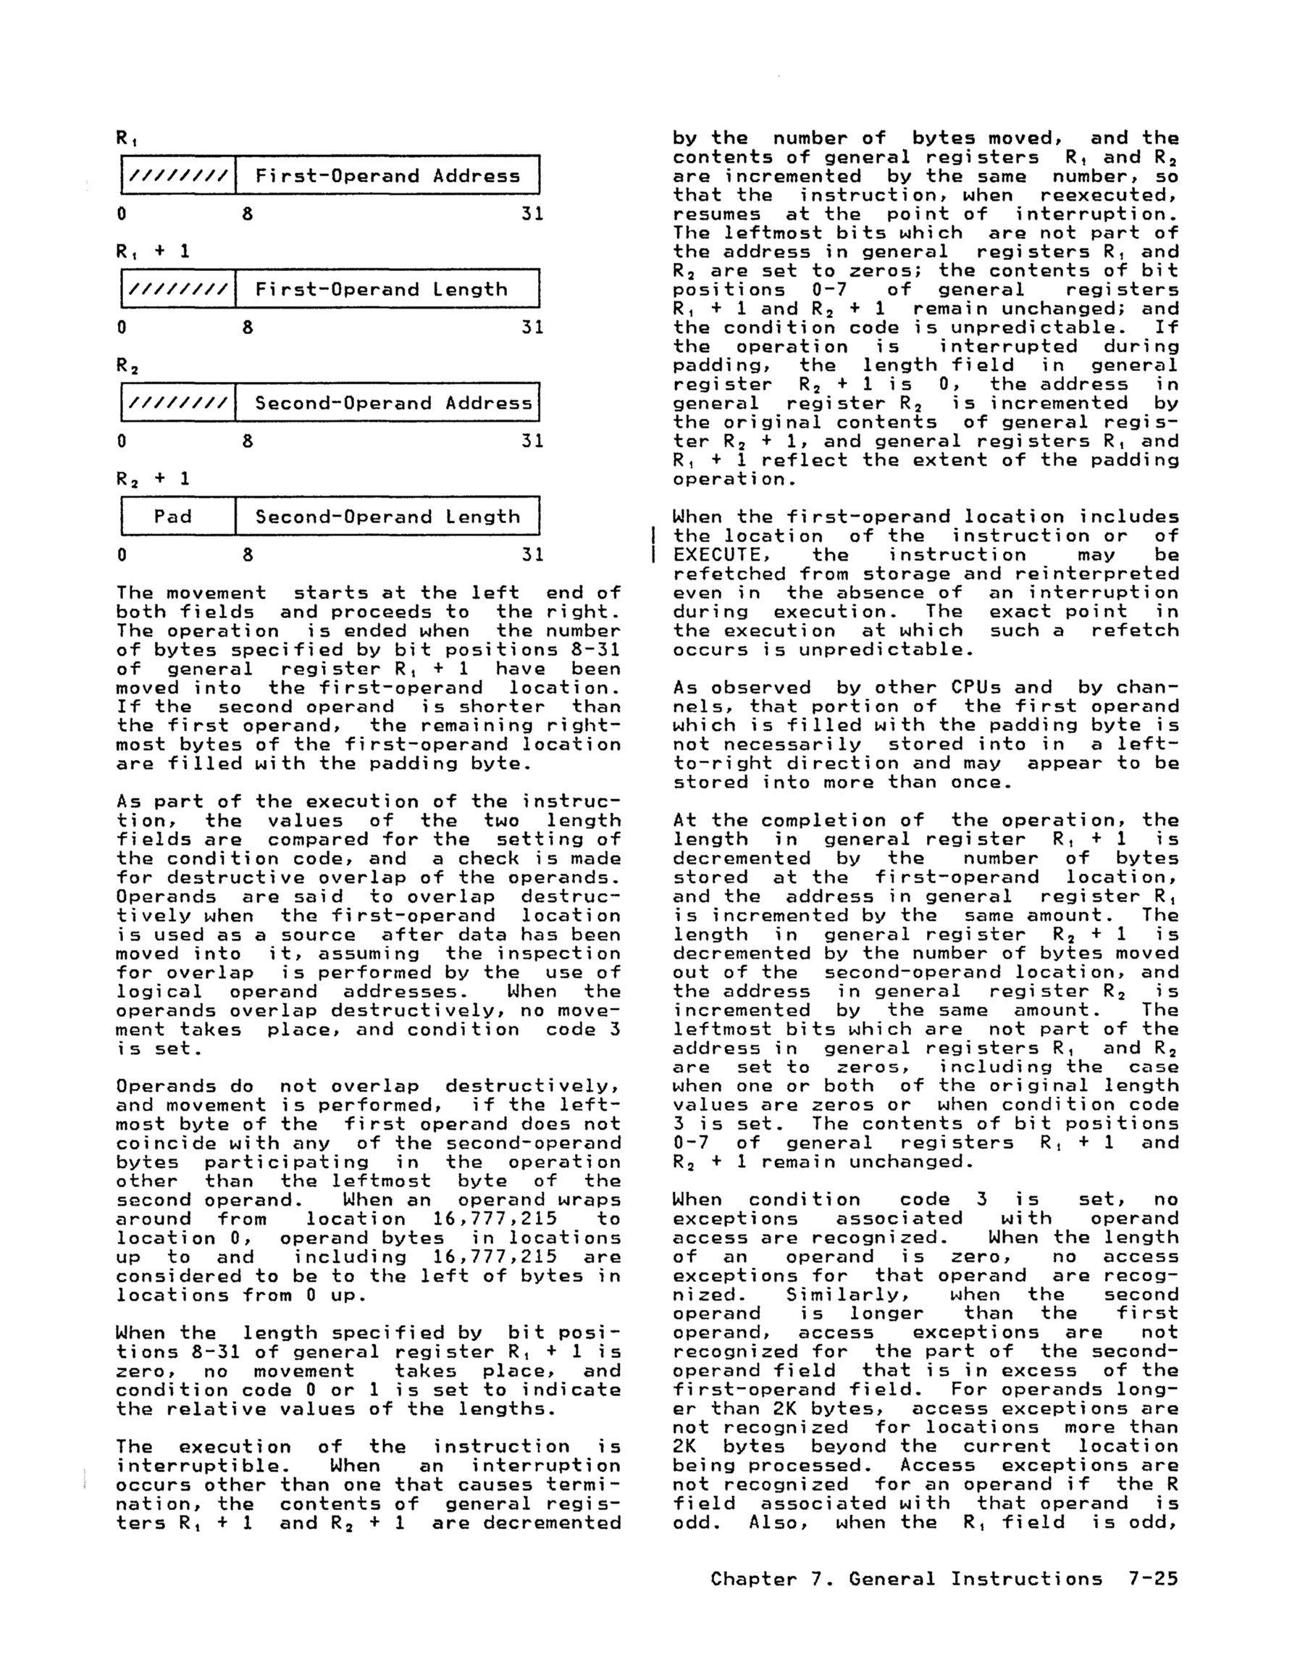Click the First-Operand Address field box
point(387,175)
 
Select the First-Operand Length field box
point(387,289)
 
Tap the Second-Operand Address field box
point(387,402)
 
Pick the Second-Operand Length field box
point(387,517)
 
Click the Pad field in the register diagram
point(172,517)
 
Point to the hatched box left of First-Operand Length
point(178,289)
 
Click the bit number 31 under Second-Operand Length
point(532,554)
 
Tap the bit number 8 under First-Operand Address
point(248,214)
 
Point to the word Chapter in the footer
point(754,1579)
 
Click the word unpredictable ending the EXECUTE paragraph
point(887,650)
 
